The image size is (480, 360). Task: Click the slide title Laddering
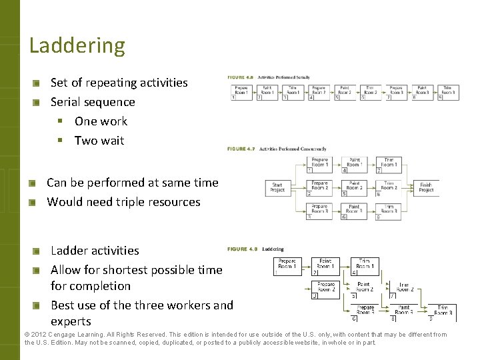77,45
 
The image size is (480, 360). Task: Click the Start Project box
277,187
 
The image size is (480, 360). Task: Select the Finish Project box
425,187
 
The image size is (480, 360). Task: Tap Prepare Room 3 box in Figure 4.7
319,209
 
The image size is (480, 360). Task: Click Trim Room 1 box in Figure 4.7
389,162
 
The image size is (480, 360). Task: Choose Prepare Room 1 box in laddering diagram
287,264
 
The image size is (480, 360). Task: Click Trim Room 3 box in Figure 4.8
444,309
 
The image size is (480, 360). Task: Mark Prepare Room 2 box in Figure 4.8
325,287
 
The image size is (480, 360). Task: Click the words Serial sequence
93,102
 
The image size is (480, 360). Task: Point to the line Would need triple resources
123,201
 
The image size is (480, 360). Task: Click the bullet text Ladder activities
95,251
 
